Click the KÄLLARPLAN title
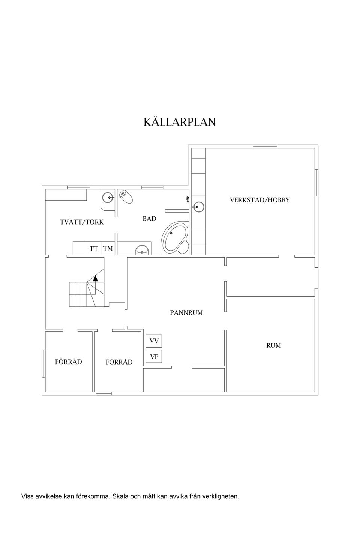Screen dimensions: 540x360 point(180,122)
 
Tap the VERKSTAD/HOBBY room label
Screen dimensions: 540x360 point(259,200)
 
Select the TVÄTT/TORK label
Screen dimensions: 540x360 point(82,222)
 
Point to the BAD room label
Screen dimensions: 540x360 point(149,219)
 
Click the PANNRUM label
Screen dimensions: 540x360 point(186,312)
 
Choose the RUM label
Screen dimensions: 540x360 point(273,345)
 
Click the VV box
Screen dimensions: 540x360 point(154,341)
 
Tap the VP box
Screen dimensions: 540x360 point(154,357)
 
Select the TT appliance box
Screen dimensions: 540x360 point(94,249)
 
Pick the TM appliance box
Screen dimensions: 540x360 point(108,249)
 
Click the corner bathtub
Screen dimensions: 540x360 point(175,239)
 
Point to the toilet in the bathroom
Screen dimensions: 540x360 point(126,196)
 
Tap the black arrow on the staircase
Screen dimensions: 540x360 point(96,278)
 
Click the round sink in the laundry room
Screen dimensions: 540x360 point(108,197)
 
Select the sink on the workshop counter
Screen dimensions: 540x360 point(198,207)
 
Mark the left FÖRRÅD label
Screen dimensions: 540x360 point(68,362)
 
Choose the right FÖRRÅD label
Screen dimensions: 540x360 point(119,362)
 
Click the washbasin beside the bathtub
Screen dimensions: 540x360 point(142,249)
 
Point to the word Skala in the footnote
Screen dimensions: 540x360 point(120,496)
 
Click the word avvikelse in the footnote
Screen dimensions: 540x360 point(49,496)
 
